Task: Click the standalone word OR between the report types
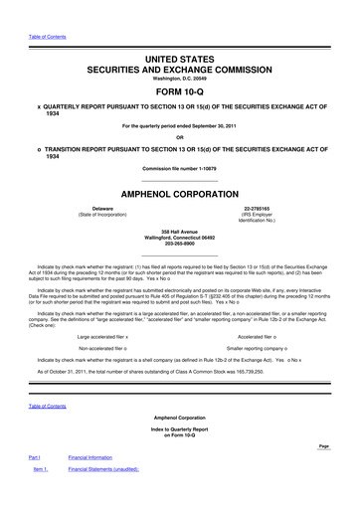pos(180,137)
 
